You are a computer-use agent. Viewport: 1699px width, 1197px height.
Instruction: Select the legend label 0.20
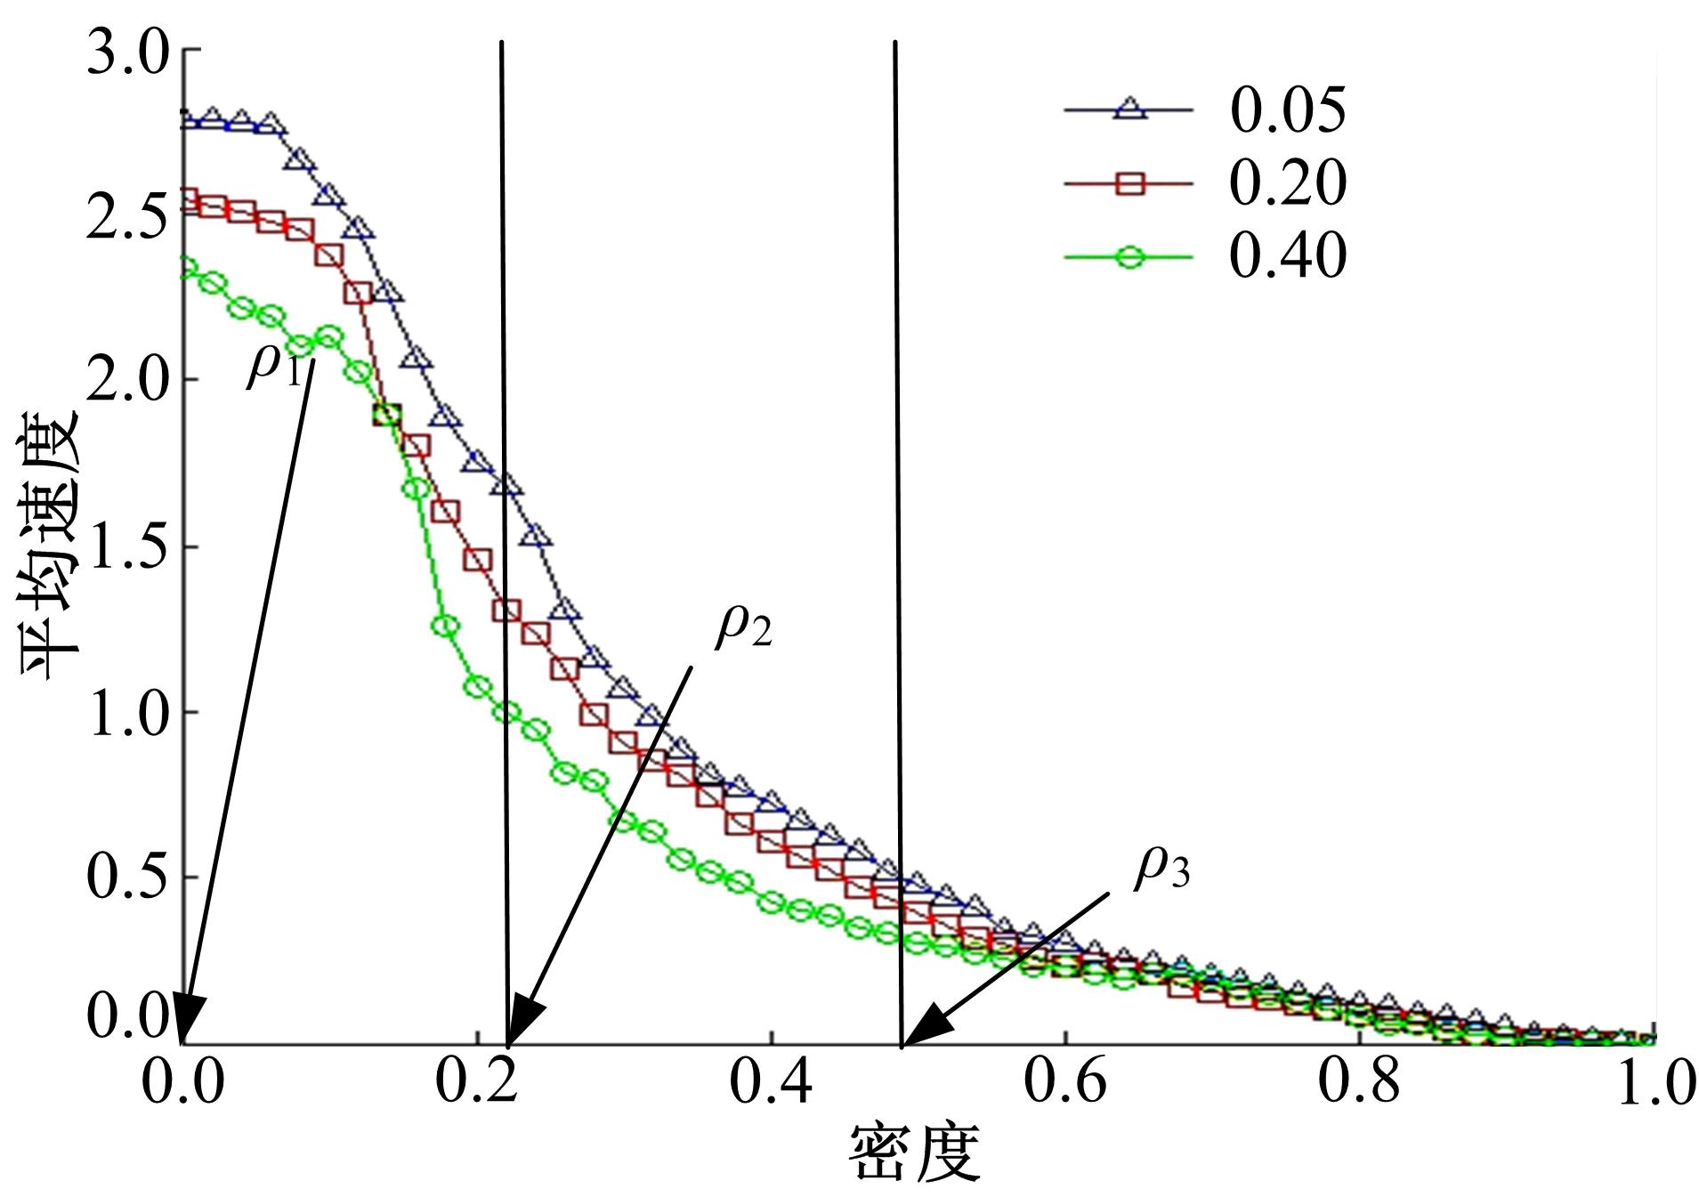click(1287, 183)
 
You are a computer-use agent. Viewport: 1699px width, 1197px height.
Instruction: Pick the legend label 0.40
click(1287, 256)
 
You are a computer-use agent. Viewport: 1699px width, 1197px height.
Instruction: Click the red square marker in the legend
click(1129, 183)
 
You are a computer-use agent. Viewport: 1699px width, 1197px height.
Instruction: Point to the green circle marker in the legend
click(1129, 258)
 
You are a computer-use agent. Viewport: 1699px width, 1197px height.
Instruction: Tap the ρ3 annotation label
click(1161, 868)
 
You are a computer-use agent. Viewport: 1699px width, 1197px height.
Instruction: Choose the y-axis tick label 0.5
click(128, 877)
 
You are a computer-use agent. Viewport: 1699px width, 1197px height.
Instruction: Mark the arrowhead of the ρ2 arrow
click(522, 1025)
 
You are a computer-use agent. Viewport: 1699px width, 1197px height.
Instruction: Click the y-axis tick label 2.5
click(128, 217)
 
